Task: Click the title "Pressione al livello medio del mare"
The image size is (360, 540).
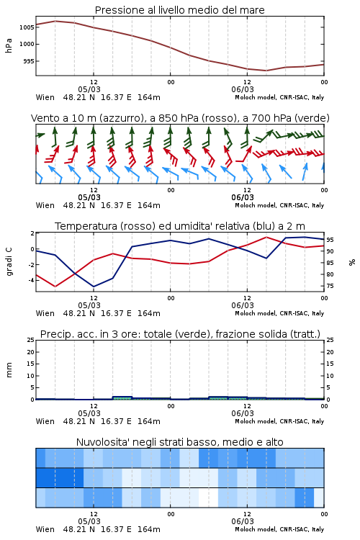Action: (179, 10)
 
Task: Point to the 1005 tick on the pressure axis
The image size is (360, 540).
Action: (27, 27)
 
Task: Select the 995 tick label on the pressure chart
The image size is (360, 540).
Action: (28, 61)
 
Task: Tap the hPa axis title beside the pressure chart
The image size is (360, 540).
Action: (9, 45)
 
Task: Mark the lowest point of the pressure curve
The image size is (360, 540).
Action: (266, 71)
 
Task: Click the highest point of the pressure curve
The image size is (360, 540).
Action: (55, 21)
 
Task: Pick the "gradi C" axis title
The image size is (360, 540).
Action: (9, 262)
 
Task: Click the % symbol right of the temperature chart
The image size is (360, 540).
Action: (352, 262)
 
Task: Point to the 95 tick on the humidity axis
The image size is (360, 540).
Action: (330, 240)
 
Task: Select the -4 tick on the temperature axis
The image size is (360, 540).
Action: (31, 280)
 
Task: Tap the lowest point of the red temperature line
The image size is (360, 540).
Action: (55, 287)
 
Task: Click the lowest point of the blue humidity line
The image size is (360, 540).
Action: (94, 287)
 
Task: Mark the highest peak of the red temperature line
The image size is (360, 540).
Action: (266, 237)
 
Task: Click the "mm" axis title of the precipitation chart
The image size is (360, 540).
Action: (9, 370)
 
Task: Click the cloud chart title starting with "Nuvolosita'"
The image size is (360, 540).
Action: (179, 442)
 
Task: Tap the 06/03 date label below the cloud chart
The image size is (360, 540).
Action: (243, 521)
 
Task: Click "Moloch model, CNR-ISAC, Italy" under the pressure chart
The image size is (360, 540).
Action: (279, 97)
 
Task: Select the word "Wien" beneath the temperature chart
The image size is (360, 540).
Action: (45, 313)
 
